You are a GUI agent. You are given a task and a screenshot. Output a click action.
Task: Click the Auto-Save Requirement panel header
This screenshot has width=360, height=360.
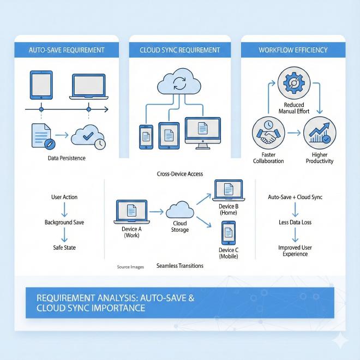(66, 50)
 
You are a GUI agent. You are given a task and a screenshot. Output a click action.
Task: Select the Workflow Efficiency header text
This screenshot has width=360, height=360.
(293, 50)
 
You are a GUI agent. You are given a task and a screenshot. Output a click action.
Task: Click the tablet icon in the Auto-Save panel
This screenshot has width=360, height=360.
(40, 86)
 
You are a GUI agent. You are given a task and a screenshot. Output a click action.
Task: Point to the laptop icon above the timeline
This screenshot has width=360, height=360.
(88, 86)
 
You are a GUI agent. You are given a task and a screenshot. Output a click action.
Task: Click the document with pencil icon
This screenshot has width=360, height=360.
(42, 136)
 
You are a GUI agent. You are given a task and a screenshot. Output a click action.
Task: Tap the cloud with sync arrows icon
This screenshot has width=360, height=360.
(178, 84)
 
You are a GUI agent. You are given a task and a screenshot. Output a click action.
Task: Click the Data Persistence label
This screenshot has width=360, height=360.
(67, 158)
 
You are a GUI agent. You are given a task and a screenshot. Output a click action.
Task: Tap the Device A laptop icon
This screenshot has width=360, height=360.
(131, 212)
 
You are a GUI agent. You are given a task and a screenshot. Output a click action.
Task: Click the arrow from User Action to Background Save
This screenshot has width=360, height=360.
(64, 209)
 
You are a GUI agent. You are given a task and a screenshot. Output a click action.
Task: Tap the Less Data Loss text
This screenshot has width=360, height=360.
(295, 223)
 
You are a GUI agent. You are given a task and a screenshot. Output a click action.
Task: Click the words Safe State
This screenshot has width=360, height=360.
(64, 248)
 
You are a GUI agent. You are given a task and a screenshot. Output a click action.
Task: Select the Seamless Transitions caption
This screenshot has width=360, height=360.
(179, 266)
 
